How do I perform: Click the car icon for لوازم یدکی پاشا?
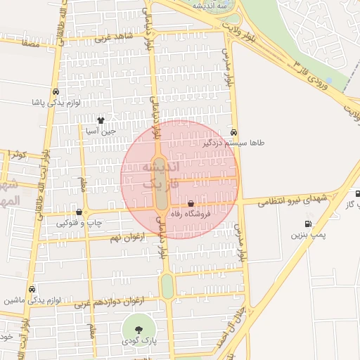[56, 91]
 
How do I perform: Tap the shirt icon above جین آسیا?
[101, 120]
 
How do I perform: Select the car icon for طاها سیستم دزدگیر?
[233, 131]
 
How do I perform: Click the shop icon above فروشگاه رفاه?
[191, 204]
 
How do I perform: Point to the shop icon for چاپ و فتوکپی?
[78, 212]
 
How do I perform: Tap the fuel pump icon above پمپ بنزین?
[308, 224]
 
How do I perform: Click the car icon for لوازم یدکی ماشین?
[32, 289]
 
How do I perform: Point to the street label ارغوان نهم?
[126, 238]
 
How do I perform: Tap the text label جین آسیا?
[101, 131]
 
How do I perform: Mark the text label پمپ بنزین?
[310, 235]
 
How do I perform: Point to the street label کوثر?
[19, 153]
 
